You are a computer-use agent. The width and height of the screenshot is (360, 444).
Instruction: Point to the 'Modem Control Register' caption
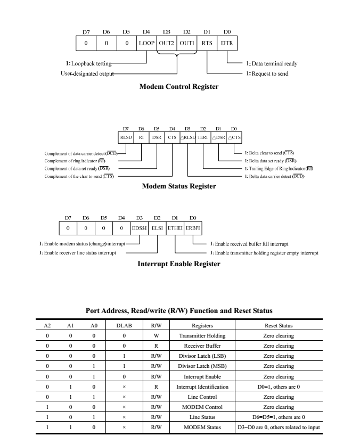[179, 86]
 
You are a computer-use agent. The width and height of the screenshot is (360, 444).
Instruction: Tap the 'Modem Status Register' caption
[179, 186]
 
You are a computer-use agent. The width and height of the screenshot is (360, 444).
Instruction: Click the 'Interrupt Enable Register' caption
[179, 264]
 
